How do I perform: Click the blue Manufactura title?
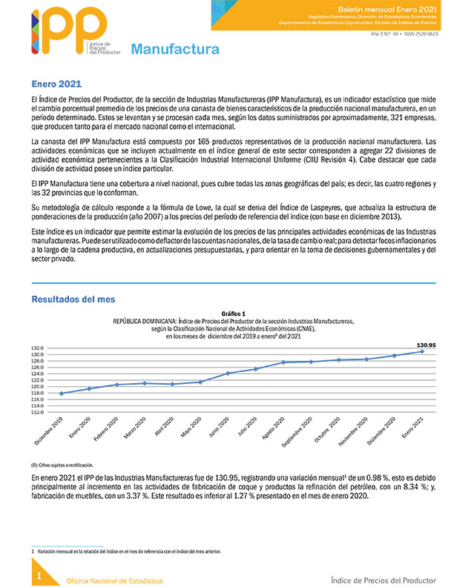pyautogui.click(x=175, y=50)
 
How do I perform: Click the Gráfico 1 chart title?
pyautogui.click(x=233, y=314)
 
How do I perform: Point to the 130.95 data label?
pyautogui.click(x=424, y=344)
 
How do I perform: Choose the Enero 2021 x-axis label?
pyautogui.click(x=412, y=429)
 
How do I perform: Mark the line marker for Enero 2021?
pyautogui.click(x=423, y=351)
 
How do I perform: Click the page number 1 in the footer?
pyautogui.click(x=39, y=575)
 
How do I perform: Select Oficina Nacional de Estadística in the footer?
pyautogui.click(x=115, y=580)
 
